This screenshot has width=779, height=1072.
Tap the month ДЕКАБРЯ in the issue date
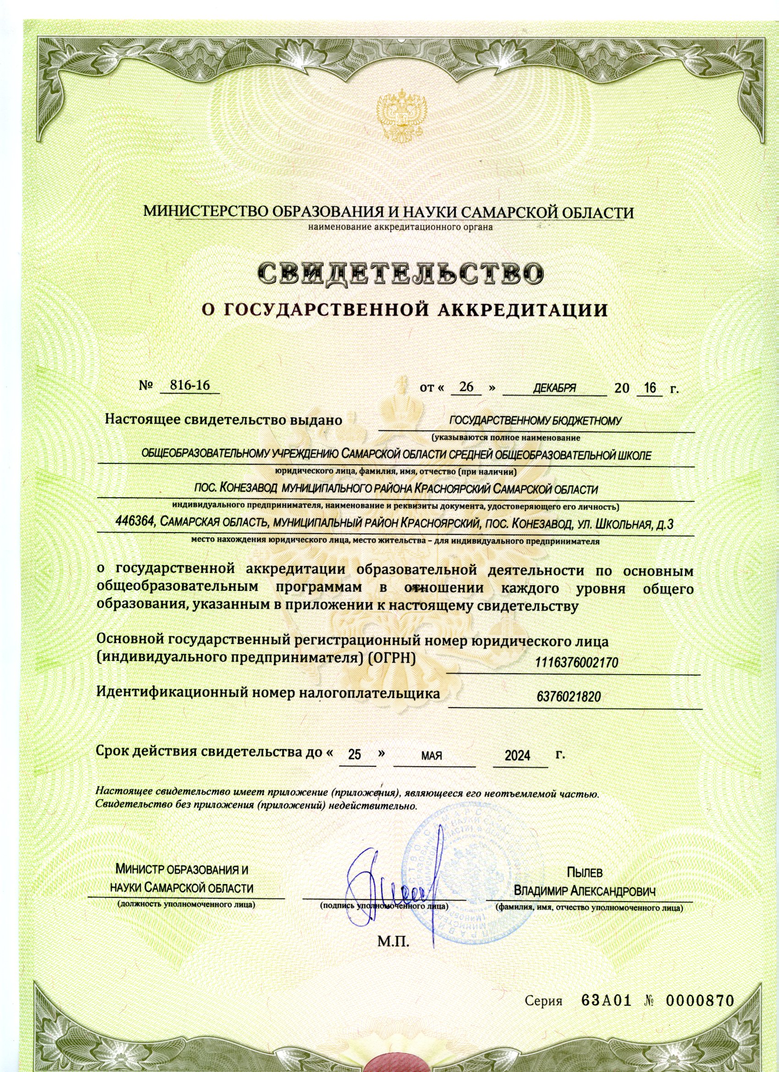554,389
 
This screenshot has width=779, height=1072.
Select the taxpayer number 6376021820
569,696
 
